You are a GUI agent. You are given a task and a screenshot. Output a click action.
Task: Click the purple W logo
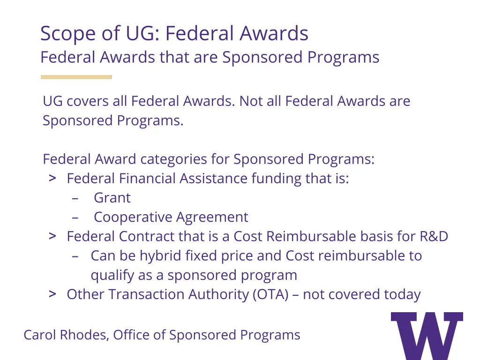pyautogui.click(x=427, y=335)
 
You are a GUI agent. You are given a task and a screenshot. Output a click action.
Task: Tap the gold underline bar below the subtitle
pyautogui.click(x=76, y=77)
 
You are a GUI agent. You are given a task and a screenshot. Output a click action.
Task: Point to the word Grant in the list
pyautogui.click(x=112, y=198)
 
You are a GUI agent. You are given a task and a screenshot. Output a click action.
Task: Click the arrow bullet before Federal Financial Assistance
pyautogui.click(x=53, y=178)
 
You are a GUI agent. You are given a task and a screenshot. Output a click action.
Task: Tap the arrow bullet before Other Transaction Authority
pyautogui.click(x=53, y=294)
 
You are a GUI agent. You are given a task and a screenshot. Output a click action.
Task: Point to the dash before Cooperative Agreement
pyautogui.click(x=75, y=217)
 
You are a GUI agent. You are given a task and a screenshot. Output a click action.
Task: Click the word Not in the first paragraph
pyautogui.click(x=251, y=101)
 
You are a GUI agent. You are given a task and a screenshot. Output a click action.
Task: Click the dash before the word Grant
pyautogui.click(x=75, y=198)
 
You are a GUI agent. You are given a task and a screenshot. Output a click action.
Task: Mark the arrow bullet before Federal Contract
pyautogui.click(x=53, y=236)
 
